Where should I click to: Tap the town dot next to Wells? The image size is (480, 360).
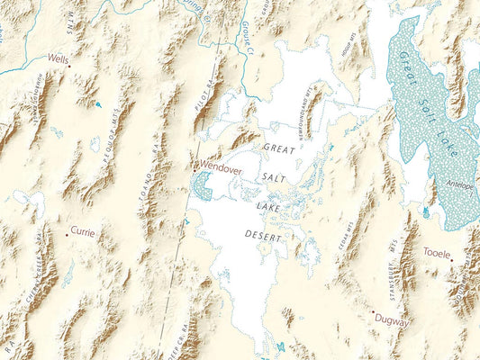[69, 65]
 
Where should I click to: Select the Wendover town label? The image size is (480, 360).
[220, 167]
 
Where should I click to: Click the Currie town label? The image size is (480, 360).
[82, 231]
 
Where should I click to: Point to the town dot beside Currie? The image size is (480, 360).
[67, 231]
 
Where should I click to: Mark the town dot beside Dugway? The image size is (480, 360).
[374, 313]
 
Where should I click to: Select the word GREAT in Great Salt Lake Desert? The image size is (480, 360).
[278, 146]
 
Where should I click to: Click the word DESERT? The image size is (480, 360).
[263, 236]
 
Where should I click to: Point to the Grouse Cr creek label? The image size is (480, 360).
[249, 38]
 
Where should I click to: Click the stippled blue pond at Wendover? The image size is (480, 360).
[202, 185]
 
